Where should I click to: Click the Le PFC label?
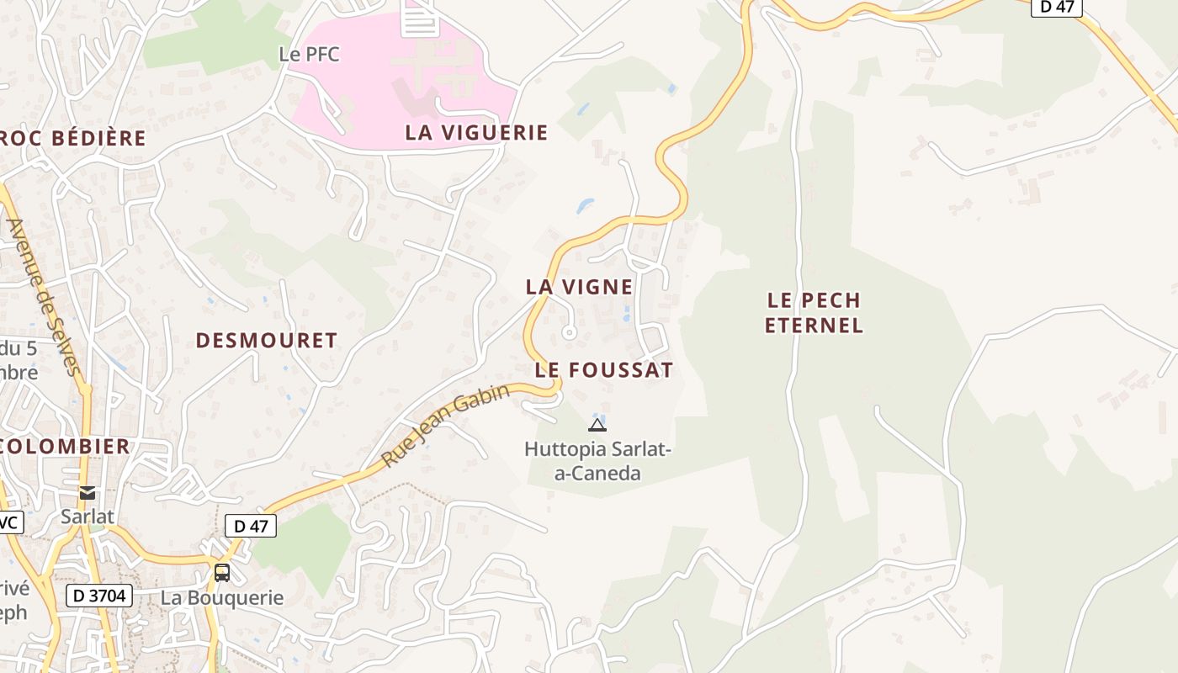click(309, 55)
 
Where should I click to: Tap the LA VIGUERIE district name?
click(476, 133)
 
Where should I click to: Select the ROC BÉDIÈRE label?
click(74, 139)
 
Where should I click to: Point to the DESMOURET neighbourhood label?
click(266, 341)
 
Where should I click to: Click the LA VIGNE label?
click(579, 287)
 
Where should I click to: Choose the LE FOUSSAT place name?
click(604, 370)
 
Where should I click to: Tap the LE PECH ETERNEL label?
click(815, 313)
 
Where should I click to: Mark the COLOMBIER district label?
click(66, 447)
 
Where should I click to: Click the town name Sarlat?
click(87, 517)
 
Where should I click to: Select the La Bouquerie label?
click(222, 598)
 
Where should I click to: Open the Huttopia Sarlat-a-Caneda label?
click(597, 461)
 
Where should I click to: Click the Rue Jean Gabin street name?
click(445, 427)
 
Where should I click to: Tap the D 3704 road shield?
click(99, 596)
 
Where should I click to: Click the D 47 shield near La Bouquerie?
click(251, 527)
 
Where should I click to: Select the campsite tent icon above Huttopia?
click(597, 425)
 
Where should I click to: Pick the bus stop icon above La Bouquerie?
click(222, 573)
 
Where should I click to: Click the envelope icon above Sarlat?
click(87, 493)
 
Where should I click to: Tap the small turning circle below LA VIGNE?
click(569, 333)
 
